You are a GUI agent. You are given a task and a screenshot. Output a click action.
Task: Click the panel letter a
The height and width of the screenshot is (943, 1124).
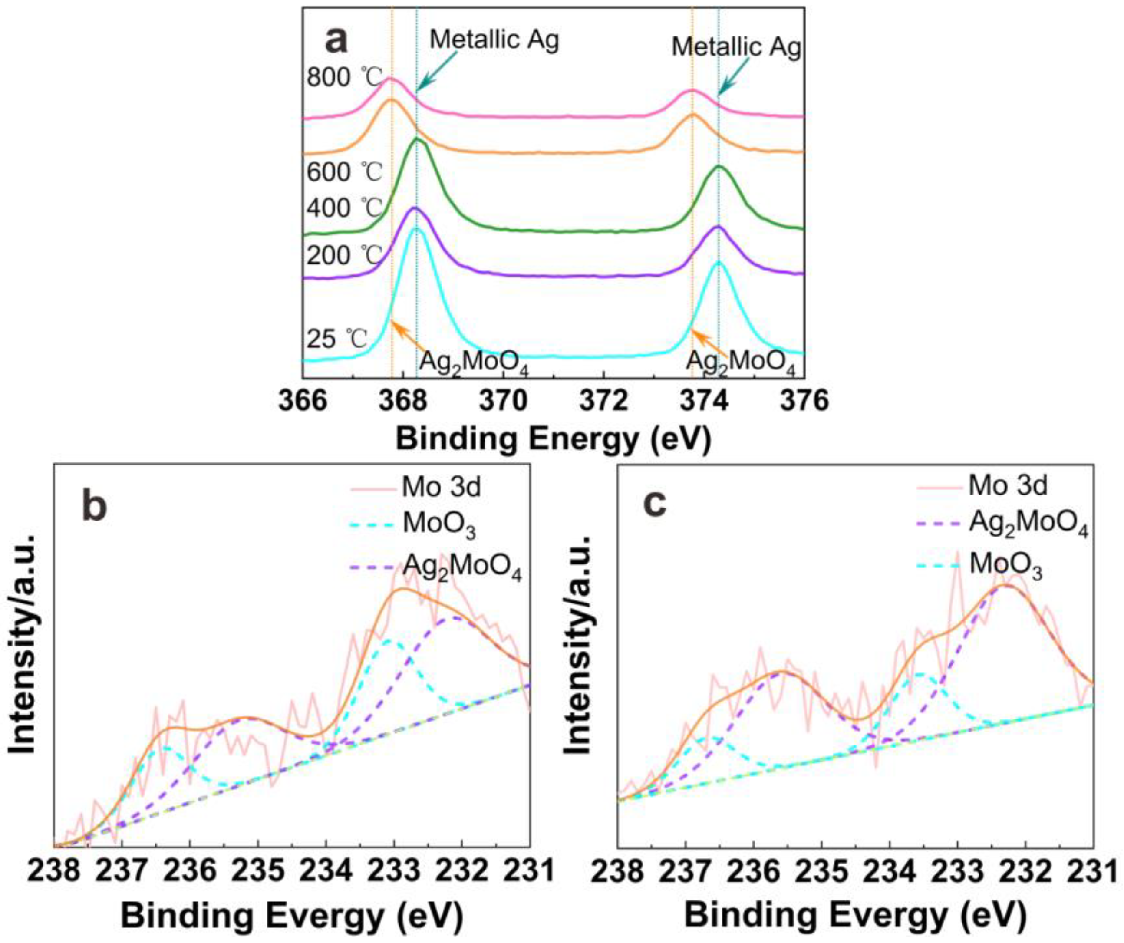click(x=336, y=41)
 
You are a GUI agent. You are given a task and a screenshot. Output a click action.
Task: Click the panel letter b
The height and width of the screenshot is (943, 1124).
click(x=94, y=507)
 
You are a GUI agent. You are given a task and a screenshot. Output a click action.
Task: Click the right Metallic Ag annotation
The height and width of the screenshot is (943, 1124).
click(x=736, y=47)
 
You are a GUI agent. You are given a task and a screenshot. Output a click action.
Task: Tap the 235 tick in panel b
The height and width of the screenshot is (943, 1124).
click(x=258, y=871)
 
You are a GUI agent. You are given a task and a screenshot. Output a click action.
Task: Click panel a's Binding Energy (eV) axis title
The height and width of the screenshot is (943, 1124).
click(x=553, y=440)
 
